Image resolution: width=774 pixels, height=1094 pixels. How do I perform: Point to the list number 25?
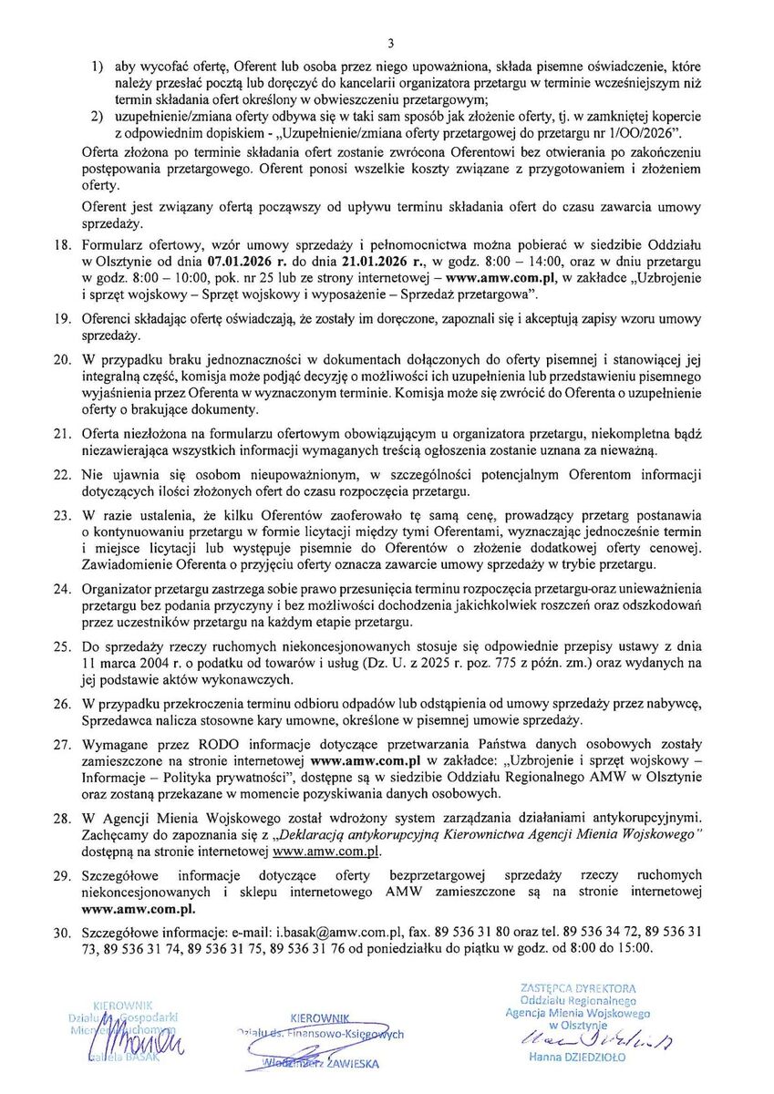tap(63, 645)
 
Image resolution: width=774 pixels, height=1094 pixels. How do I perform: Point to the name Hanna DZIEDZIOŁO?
tap(576, 1058)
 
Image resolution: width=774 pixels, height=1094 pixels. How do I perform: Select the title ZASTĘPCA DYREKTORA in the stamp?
tap(577, 987)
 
